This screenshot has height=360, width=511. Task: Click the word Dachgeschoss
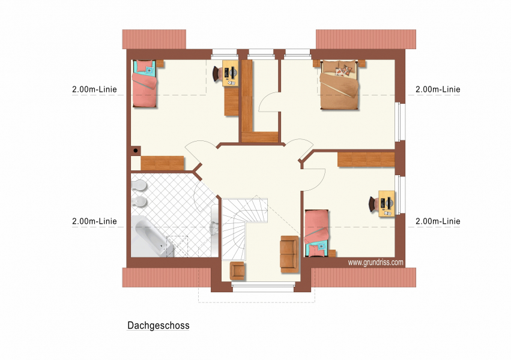(x=159, y=325)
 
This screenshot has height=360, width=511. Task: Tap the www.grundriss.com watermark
(x=375, y=262)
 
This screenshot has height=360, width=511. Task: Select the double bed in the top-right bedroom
(x=339, y=85)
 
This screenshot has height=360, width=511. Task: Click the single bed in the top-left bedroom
(x=144, y=83)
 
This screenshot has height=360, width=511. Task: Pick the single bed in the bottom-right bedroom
(x=317, y=233)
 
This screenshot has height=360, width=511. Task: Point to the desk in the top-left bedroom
(x=231, y=73)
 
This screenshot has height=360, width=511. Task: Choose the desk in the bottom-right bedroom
(x=387, y=204)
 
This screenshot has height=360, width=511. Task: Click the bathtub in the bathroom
(x=151, y=236)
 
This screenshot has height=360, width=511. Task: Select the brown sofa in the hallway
(x=289, y=254)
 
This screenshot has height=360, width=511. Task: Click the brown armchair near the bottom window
(x=237, y=271)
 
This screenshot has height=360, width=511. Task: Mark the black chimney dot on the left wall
(x=136, y=151)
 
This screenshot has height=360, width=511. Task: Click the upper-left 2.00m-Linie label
(x=94, y=89)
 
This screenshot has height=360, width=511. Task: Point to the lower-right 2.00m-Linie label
(x=438, y=221)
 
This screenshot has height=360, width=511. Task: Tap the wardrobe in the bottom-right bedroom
(x=366, y=160)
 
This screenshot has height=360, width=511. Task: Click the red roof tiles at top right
(x=366, y=40)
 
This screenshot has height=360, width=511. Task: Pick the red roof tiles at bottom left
(x=166, y=278)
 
